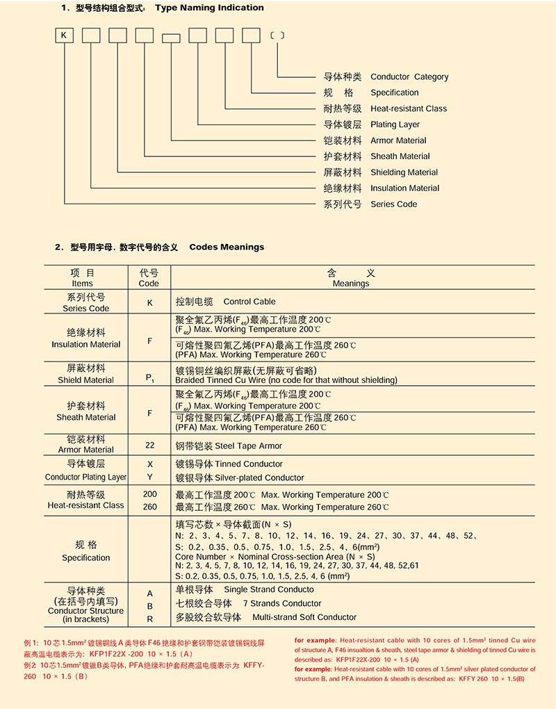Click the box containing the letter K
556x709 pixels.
click(x=64, y=35)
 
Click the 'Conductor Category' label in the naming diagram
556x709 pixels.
click(x=409, y=77)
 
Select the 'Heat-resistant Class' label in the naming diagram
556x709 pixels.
click(x=408, y=109)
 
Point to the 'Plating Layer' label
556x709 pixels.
click(x=395, y=125)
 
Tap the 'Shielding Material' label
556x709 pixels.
click(x=404, y=172)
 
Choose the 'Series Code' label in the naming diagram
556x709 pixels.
click(x=393, y=204)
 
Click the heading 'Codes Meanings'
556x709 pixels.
click(x=227, y=247)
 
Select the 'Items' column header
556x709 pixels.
click(x=82, y=284)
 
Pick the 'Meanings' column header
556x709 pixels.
click(x=351, y=284)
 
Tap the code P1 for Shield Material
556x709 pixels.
click(x=149, y=377)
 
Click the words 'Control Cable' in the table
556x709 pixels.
click(x=249, y=302)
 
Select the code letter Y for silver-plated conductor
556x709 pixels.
click(x=149, y=478)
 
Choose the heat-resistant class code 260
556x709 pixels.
click(x=149, y=507)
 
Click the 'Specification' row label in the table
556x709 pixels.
click(x=86, y=557)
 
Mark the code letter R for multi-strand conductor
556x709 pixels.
click(x=149, y=618)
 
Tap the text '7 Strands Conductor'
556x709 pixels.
click(x=282, y=603)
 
